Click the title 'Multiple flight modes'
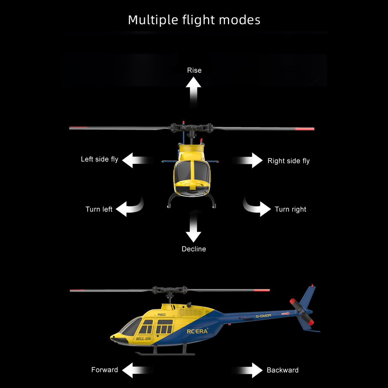[194, 20]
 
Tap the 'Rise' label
[194, 70]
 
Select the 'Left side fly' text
[100, 159]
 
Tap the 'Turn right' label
[290, 209]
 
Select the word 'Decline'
[194, 249]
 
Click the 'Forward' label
[104, 370]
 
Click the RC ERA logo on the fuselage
[197, 331]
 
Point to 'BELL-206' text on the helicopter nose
[143, 339]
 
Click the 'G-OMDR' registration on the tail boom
[263, 316]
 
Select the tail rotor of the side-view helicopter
[302, 312]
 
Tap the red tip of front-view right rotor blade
[305, 129]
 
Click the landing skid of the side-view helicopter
[165, 354]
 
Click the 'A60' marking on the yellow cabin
[161, 315]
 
